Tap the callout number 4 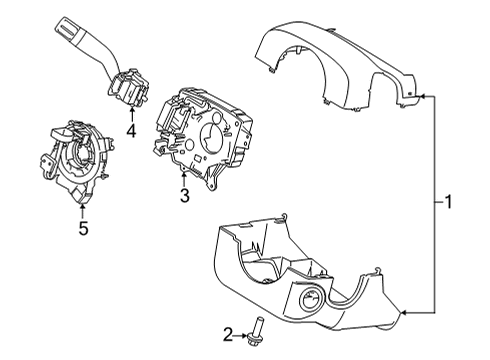(x=131, y=131)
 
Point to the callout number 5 (x=83, y=228)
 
